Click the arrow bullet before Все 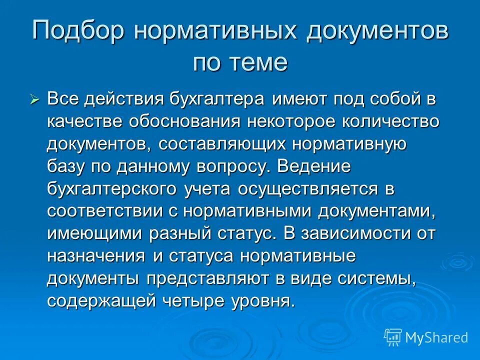pyautogui.click(x=34, y=99)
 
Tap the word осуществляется pyautogui.click(x=308, y=189)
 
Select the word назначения pyautogui.click(x=96, y=256)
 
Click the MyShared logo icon pyautogui.click(x=393, y=337)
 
